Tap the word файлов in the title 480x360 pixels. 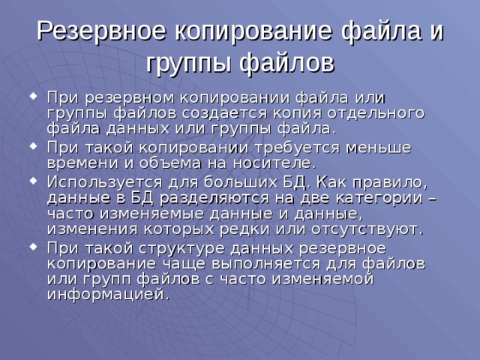tap(287, 61)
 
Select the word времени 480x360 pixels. tap(80, 163)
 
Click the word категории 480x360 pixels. tap(379, 197)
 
